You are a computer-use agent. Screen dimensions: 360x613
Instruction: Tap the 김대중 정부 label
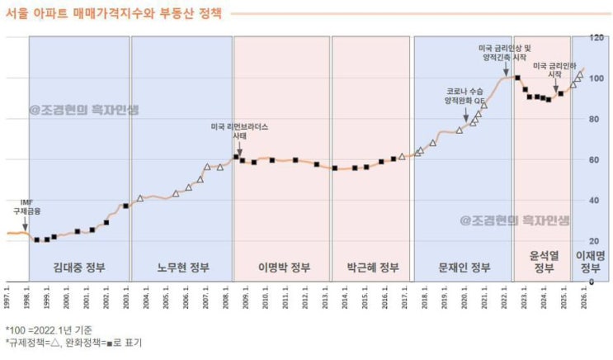79,267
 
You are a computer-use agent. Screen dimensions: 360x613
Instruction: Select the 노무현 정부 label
182,267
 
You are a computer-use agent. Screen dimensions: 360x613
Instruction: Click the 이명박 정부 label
282,267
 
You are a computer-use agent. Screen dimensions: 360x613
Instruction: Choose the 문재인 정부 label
463,267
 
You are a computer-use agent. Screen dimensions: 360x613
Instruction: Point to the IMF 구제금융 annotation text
26,206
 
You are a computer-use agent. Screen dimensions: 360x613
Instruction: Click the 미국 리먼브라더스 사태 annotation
240,131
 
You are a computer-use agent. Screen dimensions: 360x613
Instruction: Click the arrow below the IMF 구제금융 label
26,223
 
